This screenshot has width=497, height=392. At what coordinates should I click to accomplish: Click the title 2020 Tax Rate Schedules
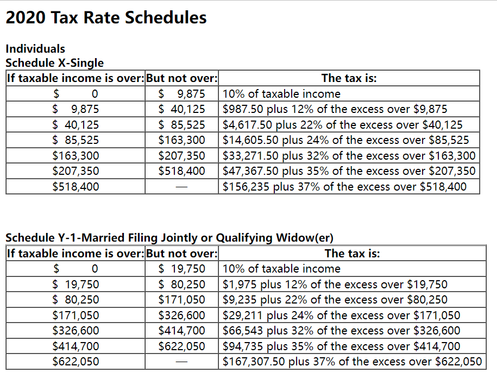point(106,17)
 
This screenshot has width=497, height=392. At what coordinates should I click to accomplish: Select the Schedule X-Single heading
point(54,63)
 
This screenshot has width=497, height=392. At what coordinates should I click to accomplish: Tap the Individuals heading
point(35,49)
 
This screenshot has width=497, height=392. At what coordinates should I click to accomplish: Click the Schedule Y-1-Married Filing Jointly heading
point(169,238)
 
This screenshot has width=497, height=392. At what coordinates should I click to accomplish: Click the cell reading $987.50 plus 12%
point(335,109)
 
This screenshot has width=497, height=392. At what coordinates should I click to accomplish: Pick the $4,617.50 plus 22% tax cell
point(342,125)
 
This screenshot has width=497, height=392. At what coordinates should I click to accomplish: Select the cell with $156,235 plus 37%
point(344,187)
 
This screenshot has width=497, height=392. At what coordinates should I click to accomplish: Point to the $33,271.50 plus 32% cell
point(349,156)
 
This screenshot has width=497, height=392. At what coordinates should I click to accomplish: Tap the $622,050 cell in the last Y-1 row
point(76,362)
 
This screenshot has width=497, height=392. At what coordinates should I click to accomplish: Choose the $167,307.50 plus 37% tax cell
point(352,362)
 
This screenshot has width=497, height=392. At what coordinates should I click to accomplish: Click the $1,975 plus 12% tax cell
point(335,284)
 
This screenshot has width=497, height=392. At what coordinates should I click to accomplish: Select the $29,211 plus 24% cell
point(341,315)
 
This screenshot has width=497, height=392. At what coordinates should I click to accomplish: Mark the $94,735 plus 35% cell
point(341,346)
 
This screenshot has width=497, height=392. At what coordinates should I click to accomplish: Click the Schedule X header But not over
point(182,78)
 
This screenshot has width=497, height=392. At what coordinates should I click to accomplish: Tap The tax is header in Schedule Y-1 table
point(352,253)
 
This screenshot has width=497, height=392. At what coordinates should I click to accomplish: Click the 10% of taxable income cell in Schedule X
point(281,94)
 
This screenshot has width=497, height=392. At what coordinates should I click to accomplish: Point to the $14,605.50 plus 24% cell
point(345,140)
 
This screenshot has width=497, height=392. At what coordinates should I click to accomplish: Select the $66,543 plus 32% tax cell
point(341,331)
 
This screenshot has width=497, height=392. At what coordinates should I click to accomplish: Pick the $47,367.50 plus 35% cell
point(349,172)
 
